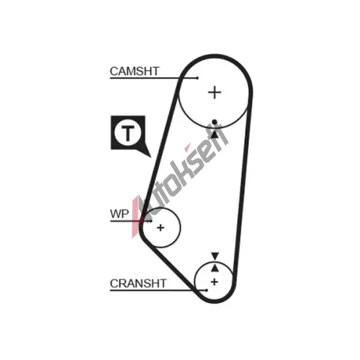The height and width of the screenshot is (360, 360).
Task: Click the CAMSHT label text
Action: [135, 71]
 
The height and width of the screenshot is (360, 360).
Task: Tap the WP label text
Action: [120, 214]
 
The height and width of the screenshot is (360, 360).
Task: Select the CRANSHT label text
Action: [138, 284]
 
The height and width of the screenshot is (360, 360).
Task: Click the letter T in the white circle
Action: [127, 133]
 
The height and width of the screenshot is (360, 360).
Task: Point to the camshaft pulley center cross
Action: [215, 93]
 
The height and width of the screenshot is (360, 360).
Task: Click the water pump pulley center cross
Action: [161, 228]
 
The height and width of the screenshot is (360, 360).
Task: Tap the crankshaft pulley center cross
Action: [214, 282]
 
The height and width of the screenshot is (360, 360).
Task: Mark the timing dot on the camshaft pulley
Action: [215, 122]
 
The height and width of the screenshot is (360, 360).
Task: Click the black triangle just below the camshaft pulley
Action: [215, 134]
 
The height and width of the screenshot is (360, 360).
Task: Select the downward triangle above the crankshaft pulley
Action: [215, 256]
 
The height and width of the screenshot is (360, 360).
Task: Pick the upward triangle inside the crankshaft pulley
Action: [215, 268]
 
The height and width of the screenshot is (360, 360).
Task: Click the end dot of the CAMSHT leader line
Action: [197, 78]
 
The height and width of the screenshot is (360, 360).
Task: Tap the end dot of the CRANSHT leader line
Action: [207, 290]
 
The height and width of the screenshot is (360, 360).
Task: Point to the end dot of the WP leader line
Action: [151, 221]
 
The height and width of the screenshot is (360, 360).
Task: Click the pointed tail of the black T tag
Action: [151, 157]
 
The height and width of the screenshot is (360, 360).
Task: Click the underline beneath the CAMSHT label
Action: [153, 78]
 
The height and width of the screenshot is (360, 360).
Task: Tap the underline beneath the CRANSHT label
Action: [158, 290]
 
